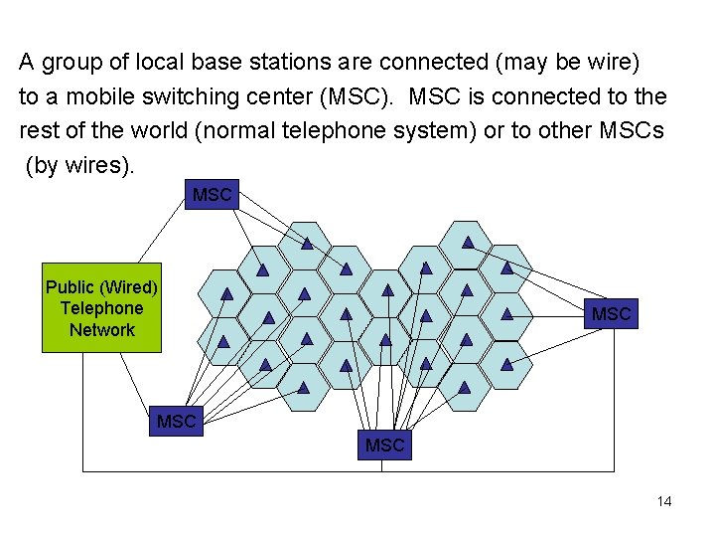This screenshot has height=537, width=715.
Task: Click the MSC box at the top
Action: coord(213,195)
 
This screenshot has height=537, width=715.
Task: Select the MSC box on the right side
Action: coord(611,314)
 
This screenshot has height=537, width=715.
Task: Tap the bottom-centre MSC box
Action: coord(384,446)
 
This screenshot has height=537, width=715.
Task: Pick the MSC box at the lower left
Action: coord(176,422)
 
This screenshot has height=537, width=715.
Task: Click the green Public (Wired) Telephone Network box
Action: coord(101,308)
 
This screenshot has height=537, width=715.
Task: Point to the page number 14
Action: coord(664,501)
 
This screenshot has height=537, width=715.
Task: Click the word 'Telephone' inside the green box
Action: coord(101,308)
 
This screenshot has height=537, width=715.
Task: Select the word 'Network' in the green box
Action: coord(101,330)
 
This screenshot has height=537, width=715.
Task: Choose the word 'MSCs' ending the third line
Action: coord(631,131)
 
